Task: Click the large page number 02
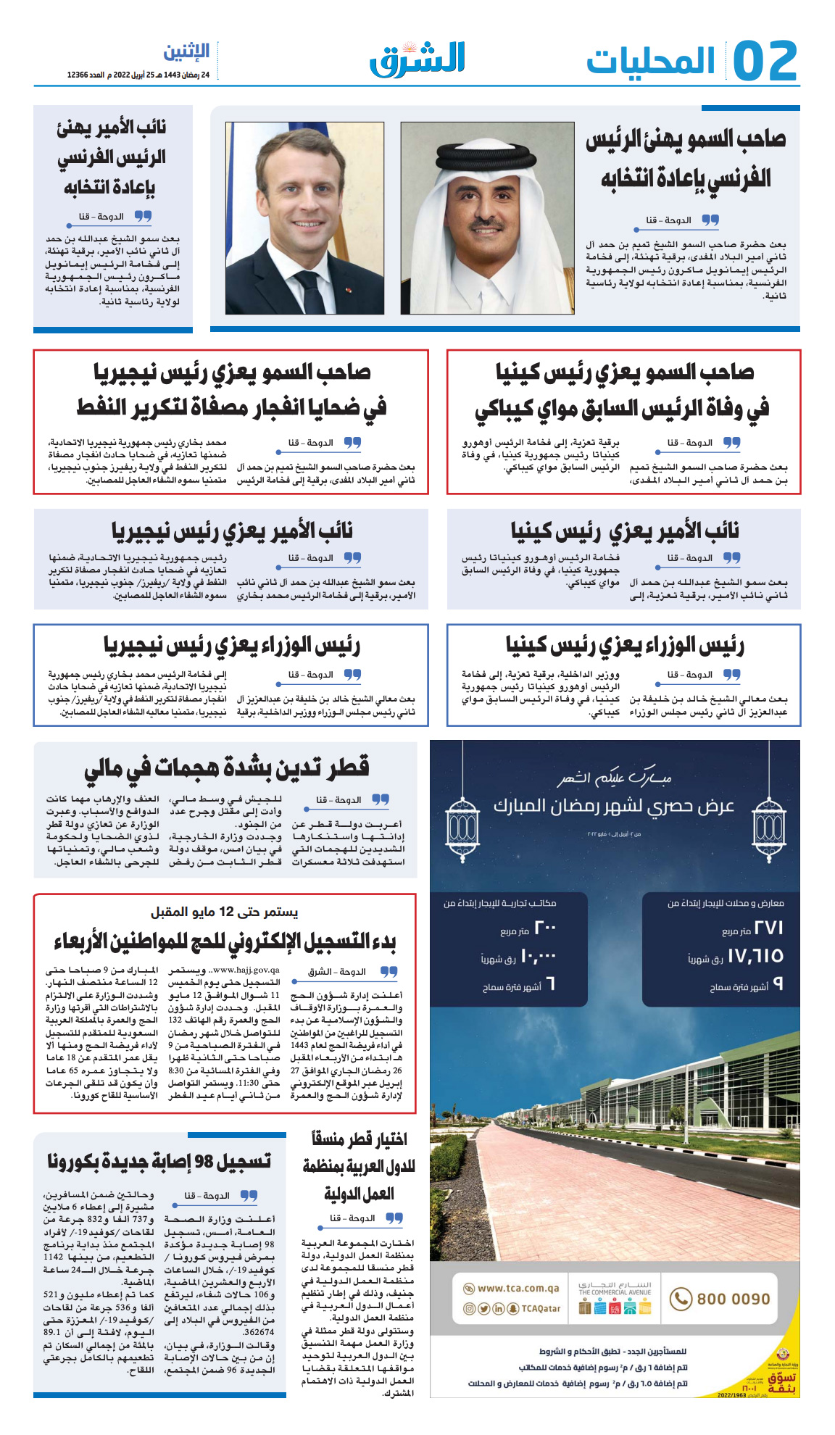pos(765,61)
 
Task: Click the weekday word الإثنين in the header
pos(186,52)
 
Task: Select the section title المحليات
pos(650,62)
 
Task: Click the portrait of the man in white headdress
pos(487,217)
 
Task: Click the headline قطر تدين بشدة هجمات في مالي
pos(226,768)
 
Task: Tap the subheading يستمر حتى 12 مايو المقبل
pos(224,912)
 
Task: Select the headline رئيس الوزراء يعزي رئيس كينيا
pos(625,645)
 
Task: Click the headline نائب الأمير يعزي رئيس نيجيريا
pos(232,531)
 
